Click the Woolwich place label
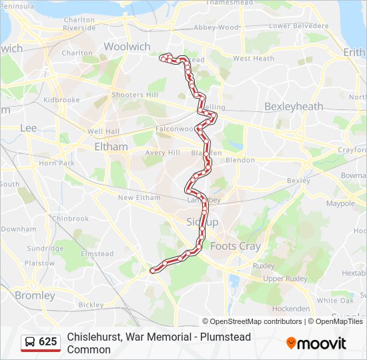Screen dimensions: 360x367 127,47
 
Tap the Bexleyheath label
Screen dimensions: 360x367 294,107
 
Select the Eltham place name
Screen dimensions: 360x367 111,147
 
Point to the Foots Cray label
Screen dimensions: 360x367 236,246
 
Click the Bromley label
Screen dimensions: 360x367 35,295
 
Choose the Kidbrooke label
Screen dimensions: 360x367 61,100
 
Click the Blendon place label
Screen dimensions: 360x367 240,160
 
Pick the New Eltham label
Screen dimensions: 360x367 139,197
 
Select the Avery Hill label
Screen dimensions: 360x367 163,153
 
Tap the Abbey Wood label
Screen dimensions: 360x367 216,27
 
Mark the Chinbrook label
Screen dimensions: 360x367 71,218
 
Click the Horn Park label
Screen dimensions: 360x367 57,163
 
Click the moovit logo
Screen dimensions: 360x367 316,343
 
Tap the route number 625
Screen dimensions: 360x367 47,342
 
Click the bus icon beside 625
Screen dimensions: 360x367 30,342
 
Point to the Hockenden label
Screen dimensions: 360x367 291,309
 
